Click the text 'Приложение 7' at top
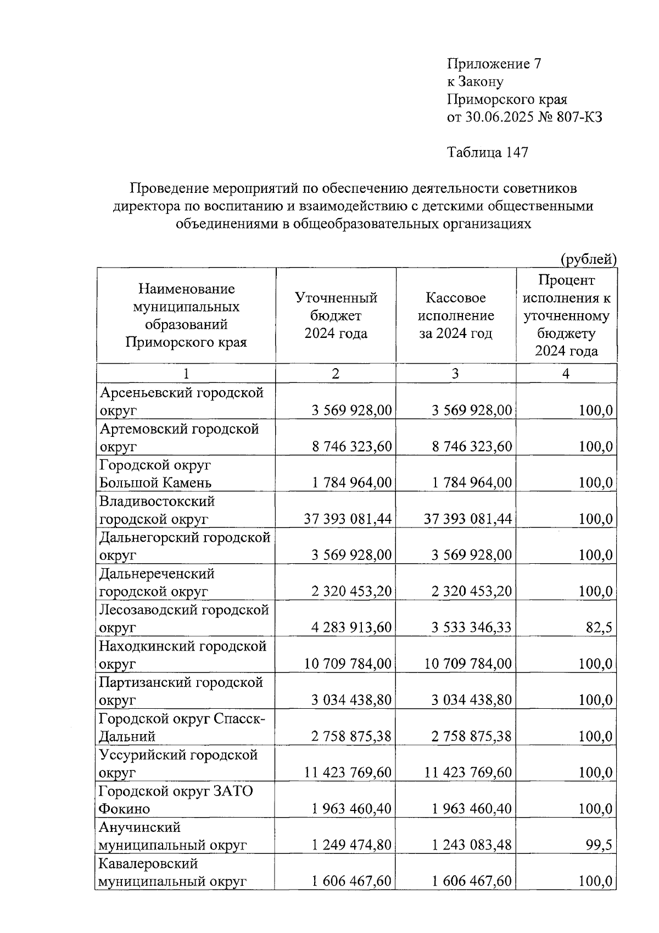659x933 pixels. pos(494,64)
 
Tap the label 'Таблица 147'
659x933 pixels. pos(488,152)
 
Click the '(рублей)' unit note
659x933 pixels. pos(588,259)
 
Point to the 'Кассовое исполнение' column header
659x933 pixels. pos(456,315)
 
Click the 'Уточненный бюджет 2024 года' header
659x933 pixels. pos(336,315)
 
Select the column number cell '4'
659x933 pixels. pos(566,374)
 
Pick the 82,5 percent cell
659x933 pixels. pos(599,627)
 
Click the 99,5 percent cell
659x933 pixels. pos(599,845)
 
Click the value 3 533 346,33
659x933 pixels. pos(471,627)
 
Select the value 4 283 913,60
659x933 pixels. pos(351,627)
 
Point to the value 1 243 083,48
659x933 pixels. pos(471,845)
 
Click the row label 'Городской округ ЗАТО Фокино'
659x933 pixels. pos(176,800)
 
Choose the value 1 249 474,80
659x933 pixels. pos(351,845)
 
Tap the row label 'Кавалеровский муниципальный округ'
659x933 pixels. pos(172,873)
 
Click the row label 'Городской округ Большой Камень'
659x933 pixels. pos(155,474)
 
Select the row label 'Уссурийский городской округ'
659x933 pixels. pos(178,764)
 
